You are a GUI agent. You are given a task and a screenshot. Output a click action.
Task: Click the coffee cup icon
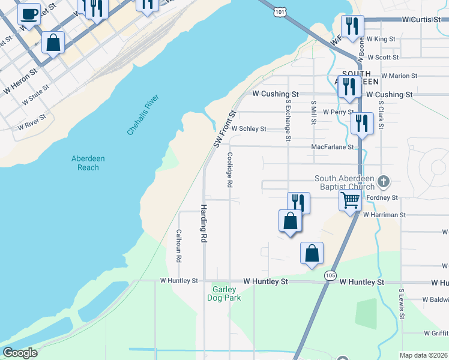point(29,13)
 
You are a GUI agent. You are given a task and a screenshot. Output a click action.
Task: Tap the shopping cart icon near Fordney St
point(350,200)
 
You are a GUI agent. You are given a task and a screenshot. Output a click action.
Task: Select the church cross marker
point(385,181)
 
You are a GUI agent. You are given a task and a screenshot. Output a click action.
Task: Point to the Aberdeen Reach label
point(88,163)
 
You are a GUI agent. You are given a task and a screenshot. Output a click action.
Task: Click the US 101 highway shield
point(280,11)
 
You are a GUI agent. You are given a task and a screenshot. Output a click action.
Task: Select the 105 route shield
point(330,275)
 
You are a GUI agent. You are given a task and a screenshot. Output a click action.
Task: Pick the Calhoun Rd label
point(179,246)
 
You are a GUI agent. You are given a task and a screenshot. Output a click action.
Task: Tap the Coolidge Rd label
point(229,169)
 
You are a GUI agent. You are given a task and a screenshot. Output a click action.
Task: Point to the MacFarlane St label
point(333,146)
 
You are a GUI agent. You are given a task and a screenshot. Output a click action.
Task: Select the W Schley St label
point(249,128)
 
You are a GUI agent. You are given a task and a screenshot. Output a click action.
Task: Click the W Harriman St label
point(384,214)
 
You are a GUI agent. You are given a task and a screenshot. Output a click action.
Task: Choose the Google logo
point(19,353)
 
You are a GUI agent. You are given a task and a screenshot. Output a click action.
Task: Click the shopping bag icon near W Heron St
point(53,43)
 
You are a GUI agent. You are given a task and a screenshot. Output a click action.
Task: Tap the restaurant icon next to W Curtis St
point(352,26)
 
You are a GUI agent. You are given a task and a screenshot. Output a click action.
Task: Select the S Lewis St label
point(401,306)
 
